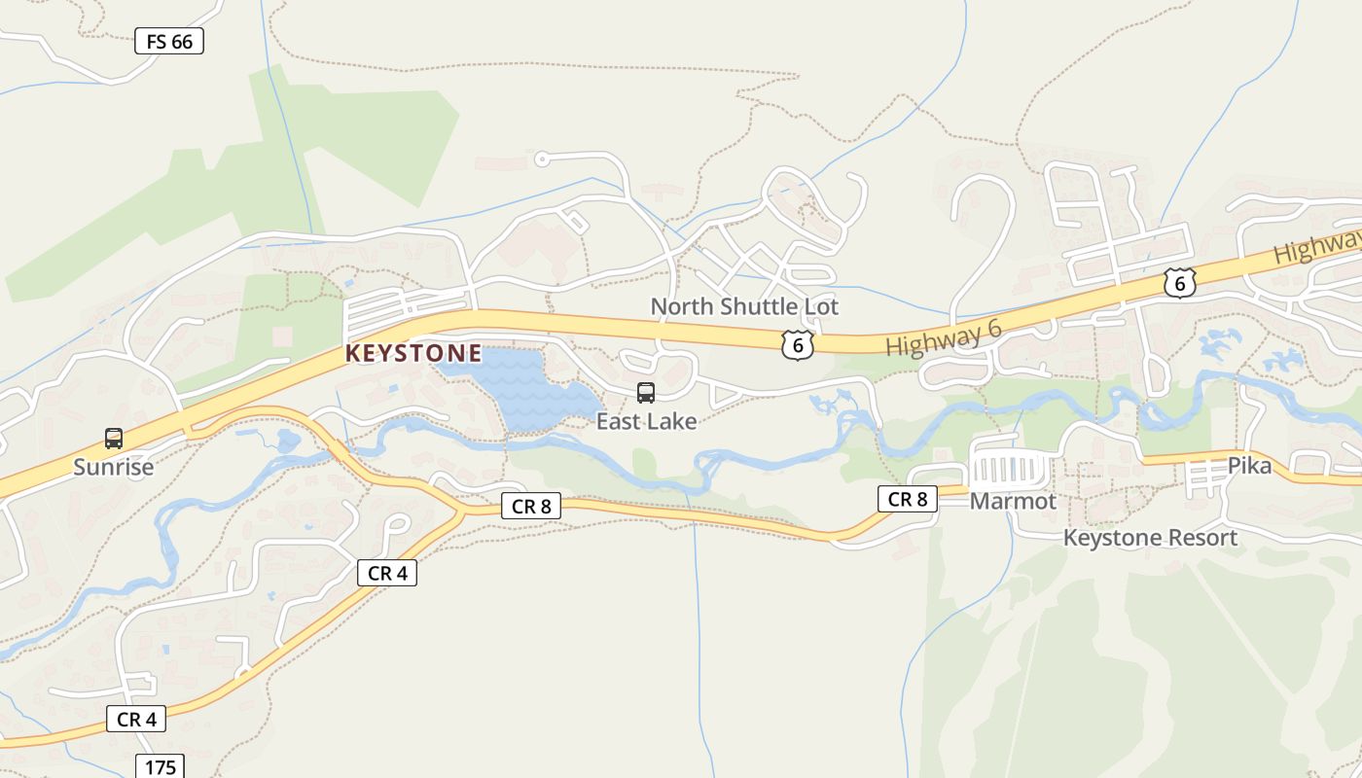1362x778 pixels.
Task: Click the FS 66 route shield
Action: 168,41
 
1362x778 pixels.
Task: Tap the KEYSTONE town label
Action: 413,353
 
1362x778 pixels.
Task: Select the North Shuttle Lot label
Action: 744,306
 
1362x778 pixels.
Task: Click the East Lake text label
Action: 646,421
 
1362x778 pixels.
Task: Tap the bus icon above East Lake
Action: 646,393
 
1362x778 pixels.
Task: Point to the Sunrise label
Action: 114,467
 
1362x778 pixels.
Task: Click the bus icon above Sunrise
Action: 114,439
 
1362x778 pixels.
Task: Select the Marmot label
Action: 1013,501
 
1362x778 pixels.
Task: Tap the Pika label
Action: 1249,465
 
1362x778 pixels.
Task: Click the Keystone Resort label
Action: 1150,538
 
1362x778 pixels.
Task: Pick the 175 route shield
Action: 160,766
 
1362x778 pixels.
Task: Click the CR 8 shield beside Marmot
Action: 908,499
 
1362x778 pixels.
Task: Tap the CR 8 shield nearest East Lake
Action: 531,506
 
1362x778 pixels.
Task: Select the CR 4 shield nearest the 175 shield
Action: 136,719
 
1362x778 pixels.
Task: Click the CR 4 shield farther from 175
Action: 387,573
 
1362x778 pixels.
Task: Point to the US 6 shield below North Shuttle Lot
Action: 797,344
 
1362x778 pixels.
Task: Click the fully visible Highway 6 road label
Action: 943,338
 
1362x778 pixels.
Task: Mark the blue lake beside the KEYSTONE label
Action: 525,389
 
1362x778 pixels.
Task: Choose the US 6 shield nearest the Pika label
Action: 1179,283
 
